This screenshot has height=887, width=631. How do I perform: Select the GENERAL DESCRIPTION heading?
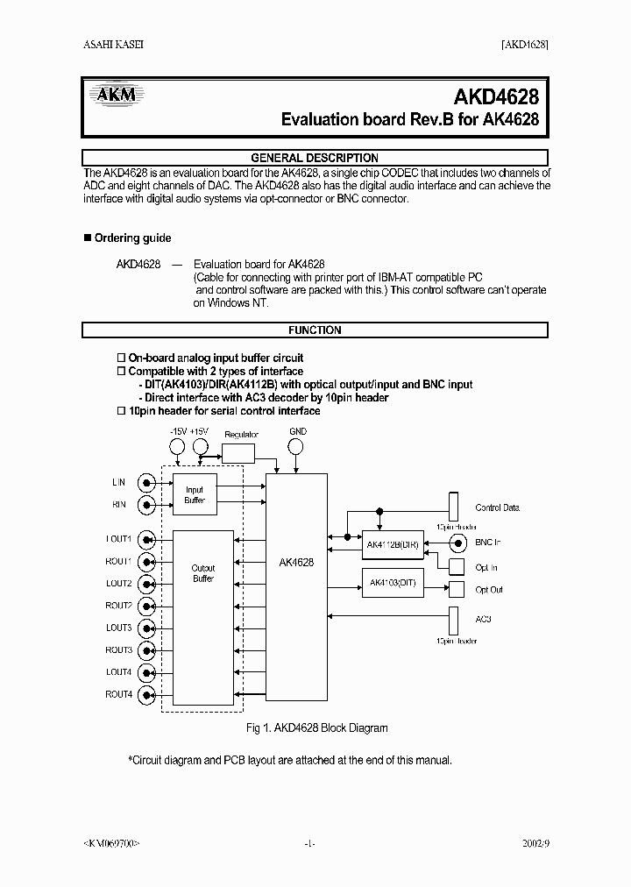(315, 158)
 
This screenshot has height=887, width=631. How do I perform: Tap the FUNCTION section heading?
(315, 330)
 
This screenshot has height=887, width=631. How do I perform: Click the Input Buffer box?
(194, 495)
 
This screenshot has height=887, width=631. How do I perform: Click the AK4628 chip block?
(296, 586)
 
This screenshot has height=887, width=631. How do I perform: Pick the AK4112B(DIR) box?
(392, 543)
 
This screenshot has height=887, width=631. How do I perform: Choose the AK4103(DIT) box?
(392, 583)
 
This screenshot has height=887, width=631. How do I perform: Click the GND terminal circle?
(297, 447)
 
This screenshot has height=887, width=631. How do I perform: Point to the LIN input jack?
(149, 482)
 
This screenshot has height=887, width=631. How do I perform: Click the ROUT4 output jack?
(149, 695)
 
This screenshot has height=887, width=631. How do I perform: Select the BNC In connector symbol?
(457, 543)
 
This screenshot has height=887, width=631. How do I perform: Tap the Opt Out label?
(489, 590)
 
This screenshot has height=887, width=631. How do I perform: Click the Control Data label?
(497, 507)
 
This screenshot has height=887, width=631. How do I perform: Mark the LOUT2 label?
(119, 584)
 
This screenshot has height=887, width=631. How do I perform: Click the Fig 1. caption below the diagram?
(315, 727)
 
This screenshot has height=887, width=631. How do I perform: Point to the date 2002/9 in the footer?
(532, 843)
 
